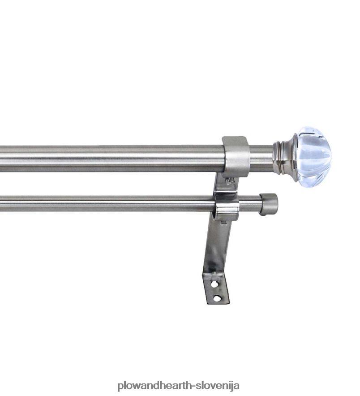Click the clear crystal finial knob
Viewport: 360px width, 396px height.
click(313, 157)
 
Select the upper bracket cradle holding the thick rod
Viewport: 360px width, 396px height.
click(236, 157)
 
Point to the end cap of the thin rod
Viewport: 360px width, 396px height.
click(269, 204)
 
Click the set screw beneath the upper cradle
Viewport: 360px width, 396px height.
click(230, 181)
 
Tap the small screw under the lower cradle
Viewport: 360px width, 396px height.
click(224, 223)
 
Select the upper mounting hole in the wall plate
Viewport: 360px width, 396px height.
click(214, 284)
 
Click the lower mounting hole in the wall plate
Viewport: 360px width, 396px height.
click(217, 298)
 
